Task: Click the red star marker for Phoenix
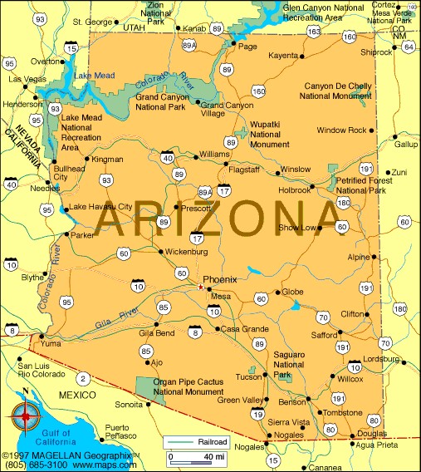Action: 199,288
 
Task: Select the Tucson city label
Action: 249,376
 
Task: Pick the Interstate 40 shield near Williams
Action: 169,156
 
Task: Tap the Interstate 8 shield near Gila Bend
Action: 195,332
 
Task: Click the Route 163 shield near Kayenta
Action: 313,31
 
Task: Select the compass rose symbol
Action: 27,413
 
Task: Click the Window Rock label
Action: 340,130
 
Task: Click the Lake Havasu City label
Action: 100,206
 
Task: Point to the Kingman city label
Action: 108,159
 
